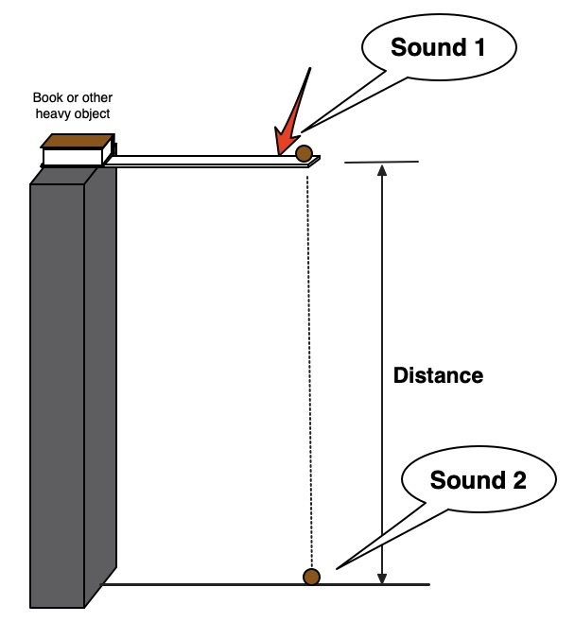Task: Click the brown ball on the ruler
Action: click(305, 153)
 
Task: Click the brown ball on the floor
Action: click(311, 576)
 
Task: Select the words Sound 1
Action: click(438, 46)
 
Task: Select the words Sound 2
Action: click(478, 480)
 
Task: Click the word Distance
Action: click(438, 375)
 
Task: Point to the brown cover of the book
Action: click(75, 141)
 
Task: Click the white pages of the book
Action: click(76, 156)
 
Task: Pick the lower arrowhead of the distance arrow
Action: click(382, 576)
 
